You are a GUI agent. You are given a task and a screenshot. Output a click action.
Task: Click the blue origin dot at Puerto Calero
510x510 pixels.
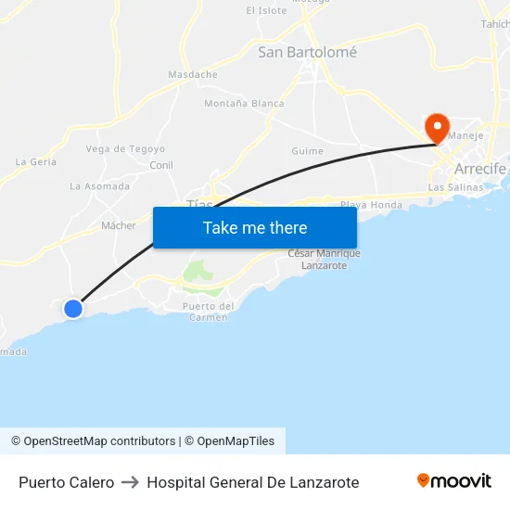coord(73,309)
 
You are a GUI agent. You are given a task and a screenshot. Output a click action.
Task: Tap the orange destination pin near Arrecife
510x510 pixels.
coord(437,128)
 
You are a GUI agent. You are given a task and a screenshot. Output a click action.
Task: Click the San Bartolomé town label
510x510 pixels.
coord(307,53)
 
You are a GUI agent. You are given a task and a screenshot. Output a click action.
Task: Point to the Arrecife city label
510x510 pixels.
coord(479,169)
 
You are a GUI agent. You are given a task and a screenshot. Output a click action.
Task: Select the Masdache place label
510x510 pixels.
coord(193,74)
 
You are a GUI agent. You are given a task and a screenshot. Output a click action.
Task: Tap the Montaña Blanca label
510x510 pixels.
coord(244,103)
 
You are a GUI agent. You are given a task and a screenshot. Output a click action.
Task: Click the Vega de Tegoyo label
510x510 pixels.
coord(125,148)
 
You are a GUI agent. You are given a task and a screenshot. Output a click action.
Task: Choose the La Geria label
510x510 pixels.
coord(36,161)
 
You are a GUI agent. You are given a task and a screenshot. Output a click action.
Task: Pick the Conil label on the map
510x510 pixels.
coord(161,165)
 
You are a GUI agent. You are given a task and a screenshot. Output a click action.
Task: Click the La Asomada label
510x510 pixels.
coord(99,186)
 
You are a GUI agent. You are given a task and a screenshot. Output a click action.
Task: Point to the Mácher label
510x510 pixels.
coord(119,225)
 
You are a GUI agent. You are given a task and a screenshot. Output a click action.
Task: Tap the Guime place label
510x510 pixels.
coord(307,151)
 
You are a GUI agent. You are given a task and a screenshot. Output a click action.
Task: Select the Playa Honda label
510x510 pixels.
coord(371,205)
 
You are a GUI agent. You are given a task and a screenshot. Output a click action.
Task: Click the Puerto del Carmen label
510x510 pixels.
coord(208,312)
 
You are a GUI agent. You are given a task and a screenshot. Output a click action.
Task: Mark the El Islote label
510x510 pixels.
coord(266,10)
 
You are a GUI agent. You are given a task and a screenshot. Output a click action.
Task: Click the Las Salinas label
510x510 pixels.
coord(455,187)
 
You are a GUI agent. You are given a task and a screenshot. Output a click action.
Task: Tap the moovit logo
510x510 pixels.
coord(453,481)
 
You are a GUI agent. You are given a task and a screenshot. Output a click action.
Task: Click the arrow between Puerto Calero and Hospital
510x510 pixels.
coord(131,482)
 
